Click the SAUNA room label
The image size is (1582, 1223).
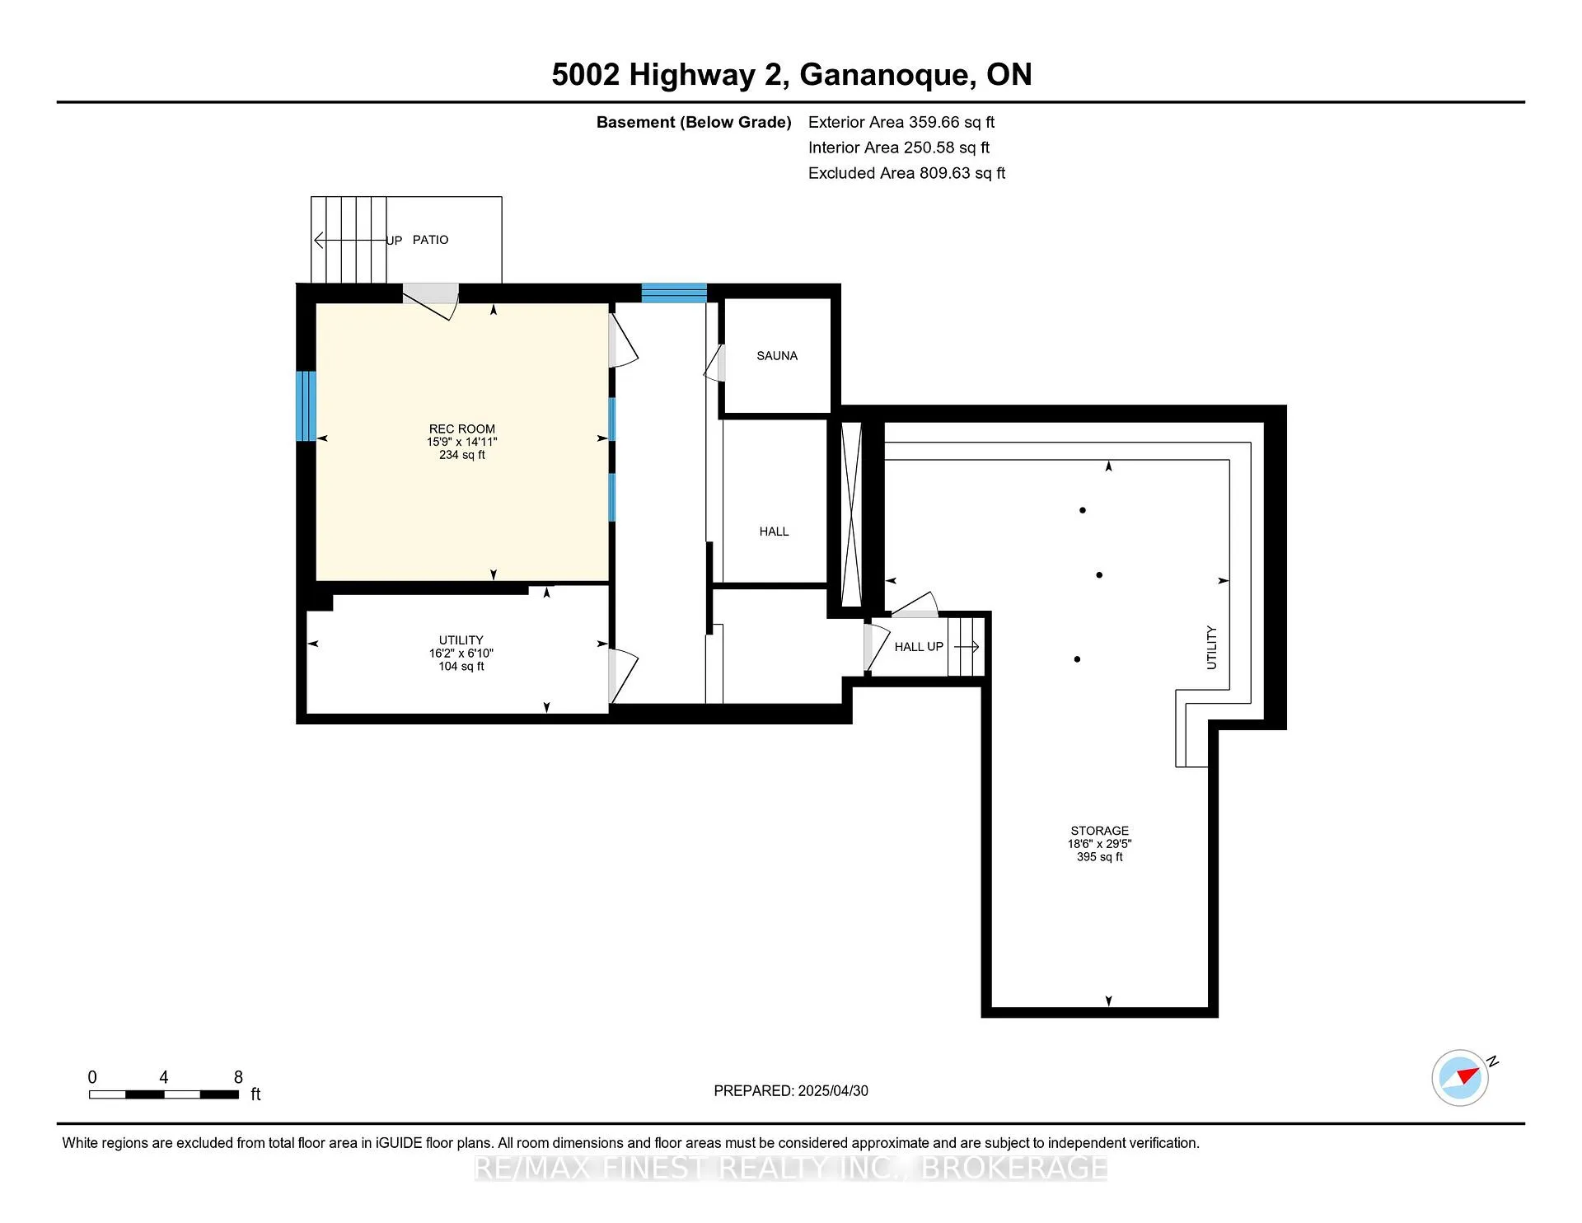(x=777, y=356)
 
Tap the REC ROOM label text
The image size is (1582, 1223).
(x=462, y=429)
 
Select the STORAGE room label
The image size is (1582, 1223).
(x=1100, y=831)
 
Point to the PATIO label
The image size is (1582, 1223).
(x=431, y=240)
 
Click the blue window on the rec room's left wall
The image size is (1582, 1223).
(x=306, y=405)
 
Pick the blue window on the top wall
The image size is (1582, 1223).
(x=674, y=293)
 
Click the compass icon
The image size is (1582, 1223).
(x=1461, y=1077)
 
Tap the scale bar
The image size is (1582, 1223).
(x=164, y=1094)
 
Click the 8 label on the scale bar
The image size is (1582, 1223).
(x=238, y=1077)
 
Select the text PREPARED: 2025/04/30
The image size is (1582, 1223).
(x=791, y=1090)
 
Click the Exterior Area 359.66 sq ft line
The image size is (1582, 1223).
(x=901, y=122)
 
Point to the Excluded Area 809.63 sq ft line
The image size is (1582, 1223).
(x=907, y=173)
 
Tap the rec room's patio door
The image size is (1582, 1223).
(x=431, y=302)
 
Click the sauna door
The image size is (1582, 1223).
(x=714, y=363)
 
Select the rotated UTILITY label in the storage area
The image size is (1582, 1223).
(x=1211, y=647)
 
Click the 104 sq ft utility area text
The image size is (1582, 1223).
(x=461, y=666)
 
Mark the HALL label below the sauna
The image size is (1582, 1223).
(x=775, y=532)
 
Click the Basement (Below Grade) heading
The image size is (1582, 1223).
(x=694, y=122)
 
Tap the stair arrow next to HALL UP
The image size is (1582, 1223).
(x=967, y=647)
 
